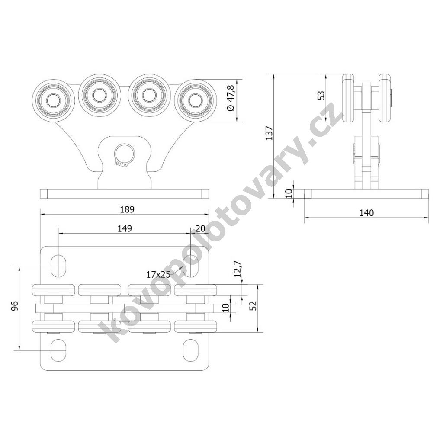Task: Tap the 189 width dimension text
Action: pyautogui.click(x=127, y=209)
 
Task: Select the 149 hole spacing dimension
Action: pyautogui.click(x=125, y=228)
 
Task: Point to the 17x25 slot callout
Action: pyautogui.click(x=158, y=274)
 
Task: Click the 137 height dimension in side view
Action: pyautogui.click(x=269, y=133)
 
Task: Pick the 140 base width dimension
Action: pyautogui.click(x=366, y=213)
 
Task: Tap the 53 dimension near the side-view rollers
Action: pyautogui.click(x=321, y=95)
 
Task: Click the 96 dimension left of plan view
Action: pyautogui.click(x=15, y=306)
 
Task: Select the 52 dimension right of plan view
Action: pyautogui.click(x=254, y=306)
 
